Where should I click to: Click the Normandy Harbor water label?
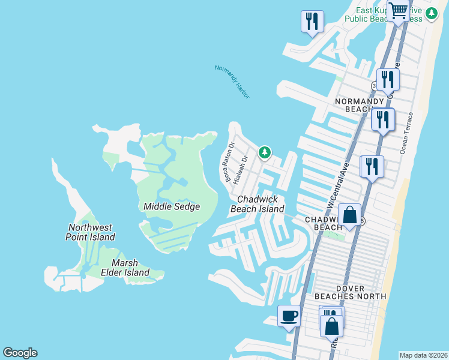click(x=232, y=82)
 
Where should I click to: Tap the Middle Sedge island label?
click(x=171, y=206)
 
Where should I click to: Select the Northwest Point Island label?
click(x=90, y=232)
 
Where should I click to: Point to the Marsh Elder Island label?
click(x=130, y=268)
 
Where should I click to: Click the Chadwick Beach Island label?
click(x=258, y=204)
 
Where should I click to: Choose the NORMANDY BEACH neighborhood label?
click(x=359, y=106)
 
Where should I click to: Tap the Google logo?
click(x=20, y=353)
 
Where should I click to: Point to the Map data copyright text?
click(x=424, y=355)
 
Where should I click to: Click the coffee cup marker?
click(x=289, y=315)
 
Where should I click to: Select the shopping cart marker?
click(x=398, y=10)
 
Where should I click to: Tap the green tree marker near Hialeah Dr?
click(x=264, y=152)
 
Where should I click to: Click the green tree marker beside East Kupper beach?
click(x=432, y=13)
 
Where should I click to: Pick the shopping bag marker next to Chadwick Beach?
click(x=349, y=214)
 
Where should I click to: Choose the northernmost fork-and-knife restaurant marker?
click(x=312, y=22)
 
